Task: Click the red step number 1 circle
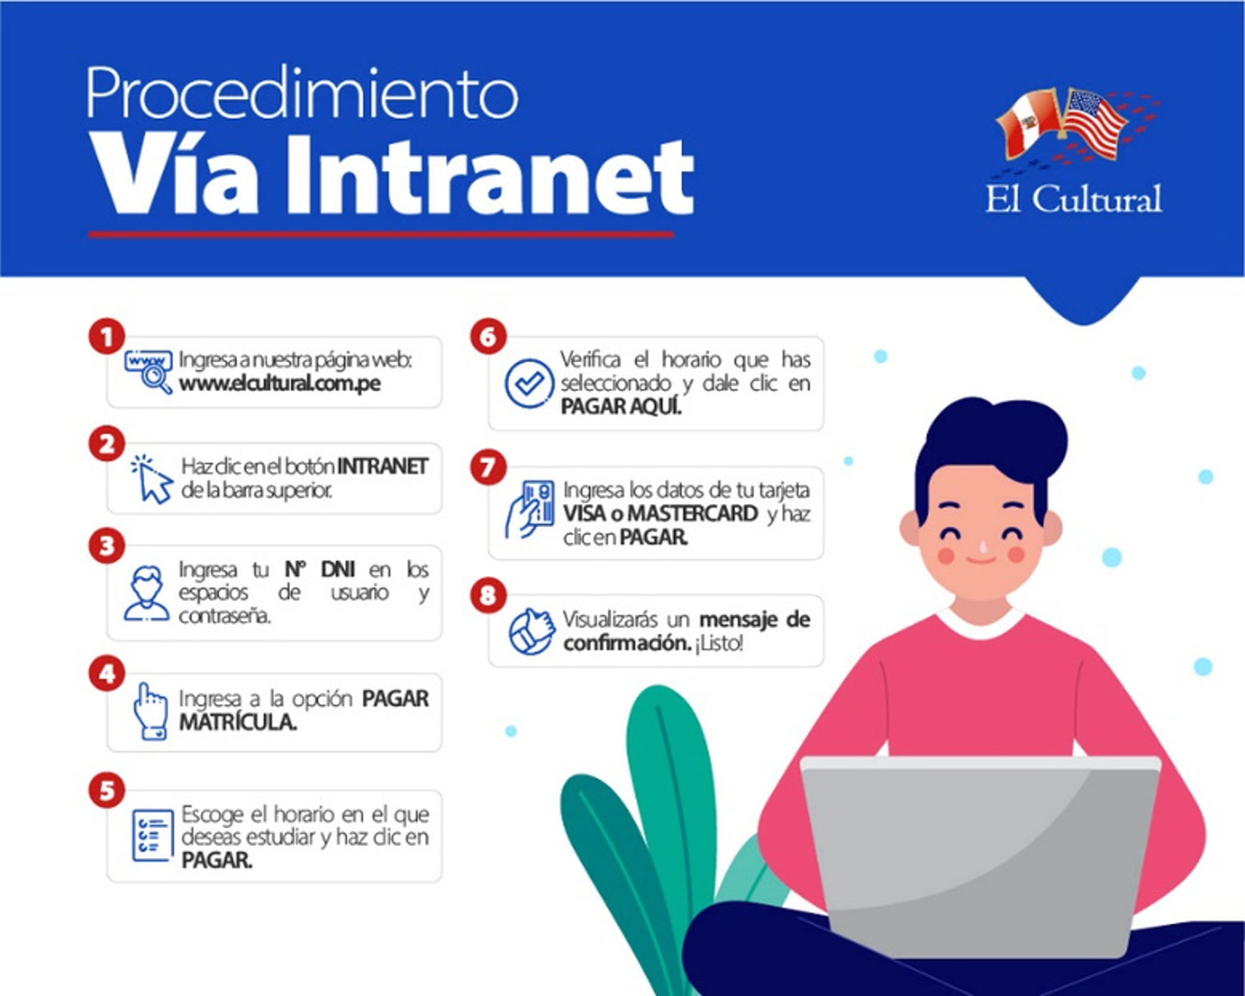[x=107, y=337]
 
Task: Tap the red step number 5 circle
[x=107, y=791]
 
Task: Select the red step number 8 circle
[x=488, y=595]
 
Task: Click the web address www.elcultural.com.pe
[x=280, y=384]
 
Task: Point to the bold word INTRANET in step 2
[x=383, y=466]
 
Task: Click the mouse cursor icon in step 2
[x=152, y=480]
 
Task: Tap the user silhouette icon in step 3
[x=146, y=593]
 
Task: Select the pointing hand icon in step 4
[x=150, y=711]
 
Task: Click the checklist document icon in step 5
[x=152, y=835]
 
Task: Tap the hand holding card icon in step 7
[x=530, y=510]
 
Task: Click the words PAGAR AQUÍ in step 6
[x=621, y=407]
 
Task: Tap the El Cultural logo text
[x=1073, y=199]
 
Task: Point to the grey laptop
[x=980, y=857]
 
